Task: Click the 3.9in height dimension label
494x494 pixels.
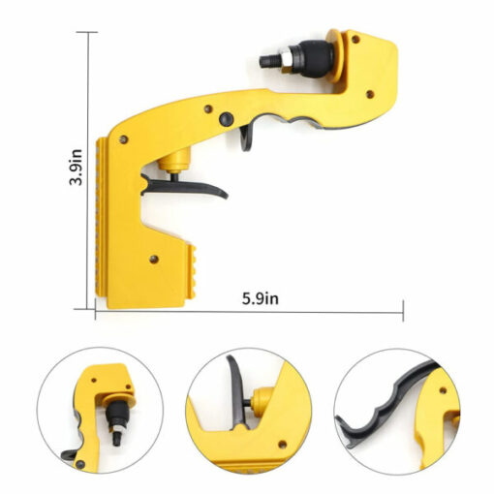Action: [77, 167]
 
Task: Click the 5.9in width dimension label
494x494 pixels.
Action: [261, 298]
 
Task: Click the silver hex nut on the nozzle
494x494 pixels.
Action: [287, 59]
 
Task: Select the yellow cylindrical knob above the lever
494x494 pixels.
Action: [175, 160]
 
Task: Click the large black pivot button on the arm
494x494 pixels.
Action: [227, 119]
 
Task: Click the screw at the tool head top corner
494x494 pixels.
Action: [355, 40]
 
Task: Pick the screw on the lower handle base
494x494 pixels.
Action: [154, 259]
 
